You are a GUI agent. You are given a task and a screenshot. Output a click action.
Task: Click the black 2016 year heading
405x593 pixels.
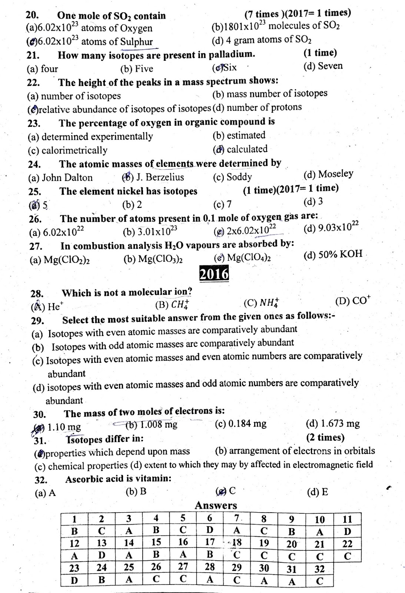click(x=214, y=274)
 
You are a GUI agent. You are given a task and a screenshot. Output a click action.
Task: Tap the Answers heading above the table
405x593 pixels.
click(x=216, y=505)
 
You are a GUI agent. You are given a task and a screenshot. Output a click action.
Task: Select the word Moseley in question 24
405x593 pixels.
click(x=335, y=174)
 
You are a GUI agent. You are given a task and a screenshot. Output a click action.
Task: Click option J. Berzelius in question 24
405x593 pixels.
click(x=160, y=177)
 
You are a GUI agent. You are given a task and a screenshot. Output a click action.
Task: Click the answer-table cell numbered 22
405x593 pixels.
click(x=347, y=544)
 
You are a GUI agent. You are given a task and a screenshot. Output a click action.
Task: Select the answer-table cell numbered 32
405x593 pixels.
click(x=319, y=569)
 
